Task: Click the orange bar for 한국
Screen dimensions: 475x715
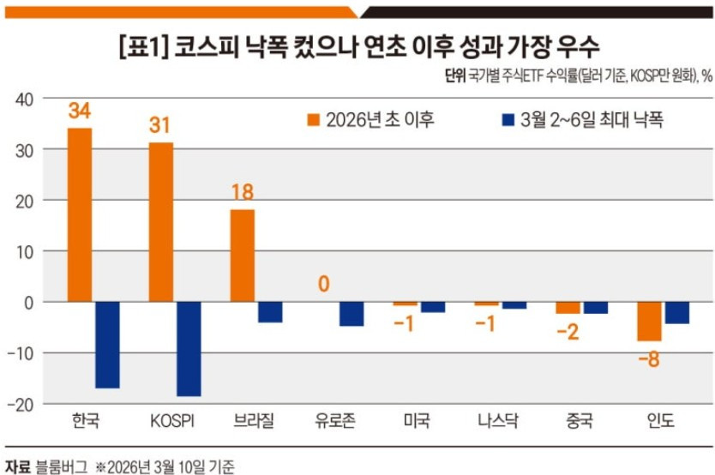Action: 80,214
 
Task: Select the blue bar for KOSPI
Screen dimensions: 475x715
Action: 189,349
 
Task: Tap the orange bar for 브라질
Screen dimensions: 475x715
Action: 243,256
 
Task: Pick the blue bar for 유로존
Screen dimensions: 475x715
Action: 351,314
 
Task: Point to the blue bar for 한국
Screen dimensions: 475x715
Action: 107,345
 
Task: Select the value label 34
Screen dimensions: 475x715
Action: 80,111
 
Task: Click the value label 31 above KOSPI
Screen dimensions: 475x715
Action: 160,126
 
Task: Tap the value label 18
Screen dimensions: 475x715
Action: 243,192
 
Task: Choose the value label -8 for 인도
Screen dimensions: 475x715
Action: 648,358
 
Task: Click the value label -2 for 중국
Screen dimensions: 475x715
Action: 568,332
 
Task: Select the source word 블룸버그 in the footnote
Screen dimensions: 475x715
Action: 62,466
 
